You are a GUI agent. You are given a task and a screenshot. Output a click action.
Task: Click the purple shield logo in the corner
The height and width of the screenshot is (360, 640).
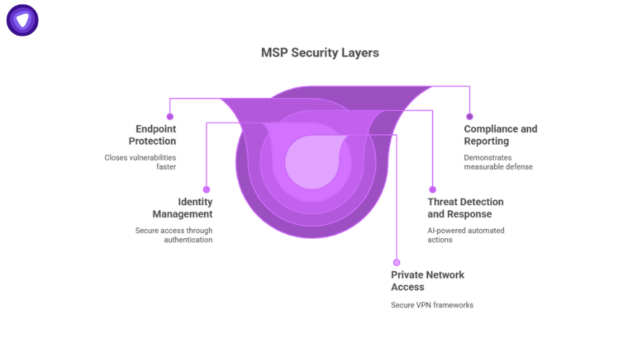coord(23,20)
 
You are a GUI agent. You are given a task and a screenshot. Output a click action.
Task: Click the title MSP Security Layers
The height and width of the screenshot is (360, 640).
coord(320,53)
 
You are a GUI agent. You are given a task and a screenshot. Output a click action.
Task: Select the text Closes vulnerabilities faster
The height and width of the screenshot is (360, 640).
coord(140,161)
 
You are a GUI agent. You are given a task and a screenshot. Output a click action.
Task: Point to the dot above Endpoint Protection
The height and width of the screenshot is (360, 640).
coord(170,116)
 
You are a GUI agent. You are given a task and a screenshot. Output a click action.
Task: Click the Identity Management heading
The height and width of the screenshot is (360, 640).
coord(183,208)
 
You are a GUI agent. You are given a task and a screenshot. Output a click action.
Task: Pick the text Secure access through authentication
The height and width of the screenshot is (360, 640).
coord(174,235)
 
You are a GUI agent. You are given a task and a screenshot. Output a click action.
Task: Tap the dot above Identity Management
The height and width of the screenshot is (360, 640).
coord(207,189)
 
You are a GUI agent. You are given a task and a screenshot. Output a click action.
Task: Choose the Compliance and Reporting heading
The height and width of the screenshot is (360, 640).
coord(500,135)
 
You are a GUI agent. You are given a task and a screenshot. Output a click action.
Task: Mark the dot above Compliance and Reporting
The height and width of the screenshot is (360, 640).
coord(470,116)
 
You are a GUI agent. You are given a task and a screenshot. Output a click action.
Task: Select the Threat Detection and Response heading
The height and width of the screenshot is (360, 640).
coord(465,208)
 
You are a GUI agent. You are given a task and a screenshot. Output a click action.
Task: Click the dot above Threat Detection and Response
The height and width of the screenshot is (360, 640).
coord(433,189)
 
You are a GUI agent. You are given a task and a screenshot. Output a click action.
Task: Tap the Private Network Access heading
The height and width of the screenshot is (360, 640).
coord(427,281)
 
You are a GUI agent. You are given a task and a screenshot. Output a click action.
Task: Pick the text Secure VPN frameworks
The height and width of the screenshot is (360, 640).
coord(432,305)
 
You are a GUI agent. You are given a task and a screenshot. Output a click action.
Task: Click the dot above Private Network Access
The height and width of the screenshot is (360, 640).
coord(397,262)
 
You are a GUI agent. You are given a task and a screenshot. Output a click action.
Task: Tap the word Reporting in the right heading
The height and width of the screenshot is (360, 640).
coord(487,141)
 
